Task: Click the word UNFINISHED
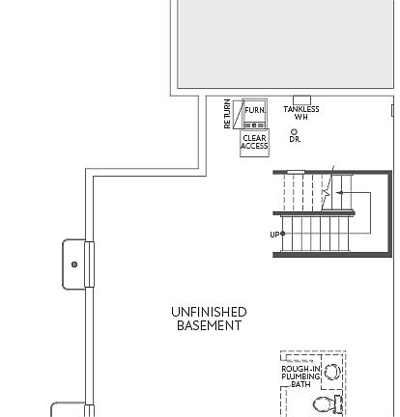point(209,312)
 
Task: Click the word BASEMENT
point(209,326)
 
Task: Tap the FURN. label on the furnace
point(255,110)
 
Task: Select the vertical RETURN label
point(228,114)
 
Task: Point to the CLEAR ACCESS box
point(254,143)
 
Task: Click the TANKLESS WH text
point(301,113)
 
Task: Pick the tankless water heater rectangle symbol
point(301,99)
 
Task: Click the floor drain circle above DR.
point(295,131)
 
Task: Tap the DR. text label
point(295,140)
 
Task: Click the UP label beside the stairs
point(274,235)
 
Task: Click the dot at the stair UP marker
point(283,234)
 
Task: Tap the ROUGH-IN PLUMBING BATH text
point(300,376)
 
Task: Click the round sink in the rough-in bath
point(332,372)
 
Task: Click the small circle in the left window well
point(74,264)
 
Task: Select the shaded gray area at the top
point(285,43)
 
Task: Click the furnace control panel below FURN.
point(254,123)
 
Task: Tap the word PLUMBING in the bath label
point(300,376)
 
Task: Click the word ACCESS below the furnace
point(254,147)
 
